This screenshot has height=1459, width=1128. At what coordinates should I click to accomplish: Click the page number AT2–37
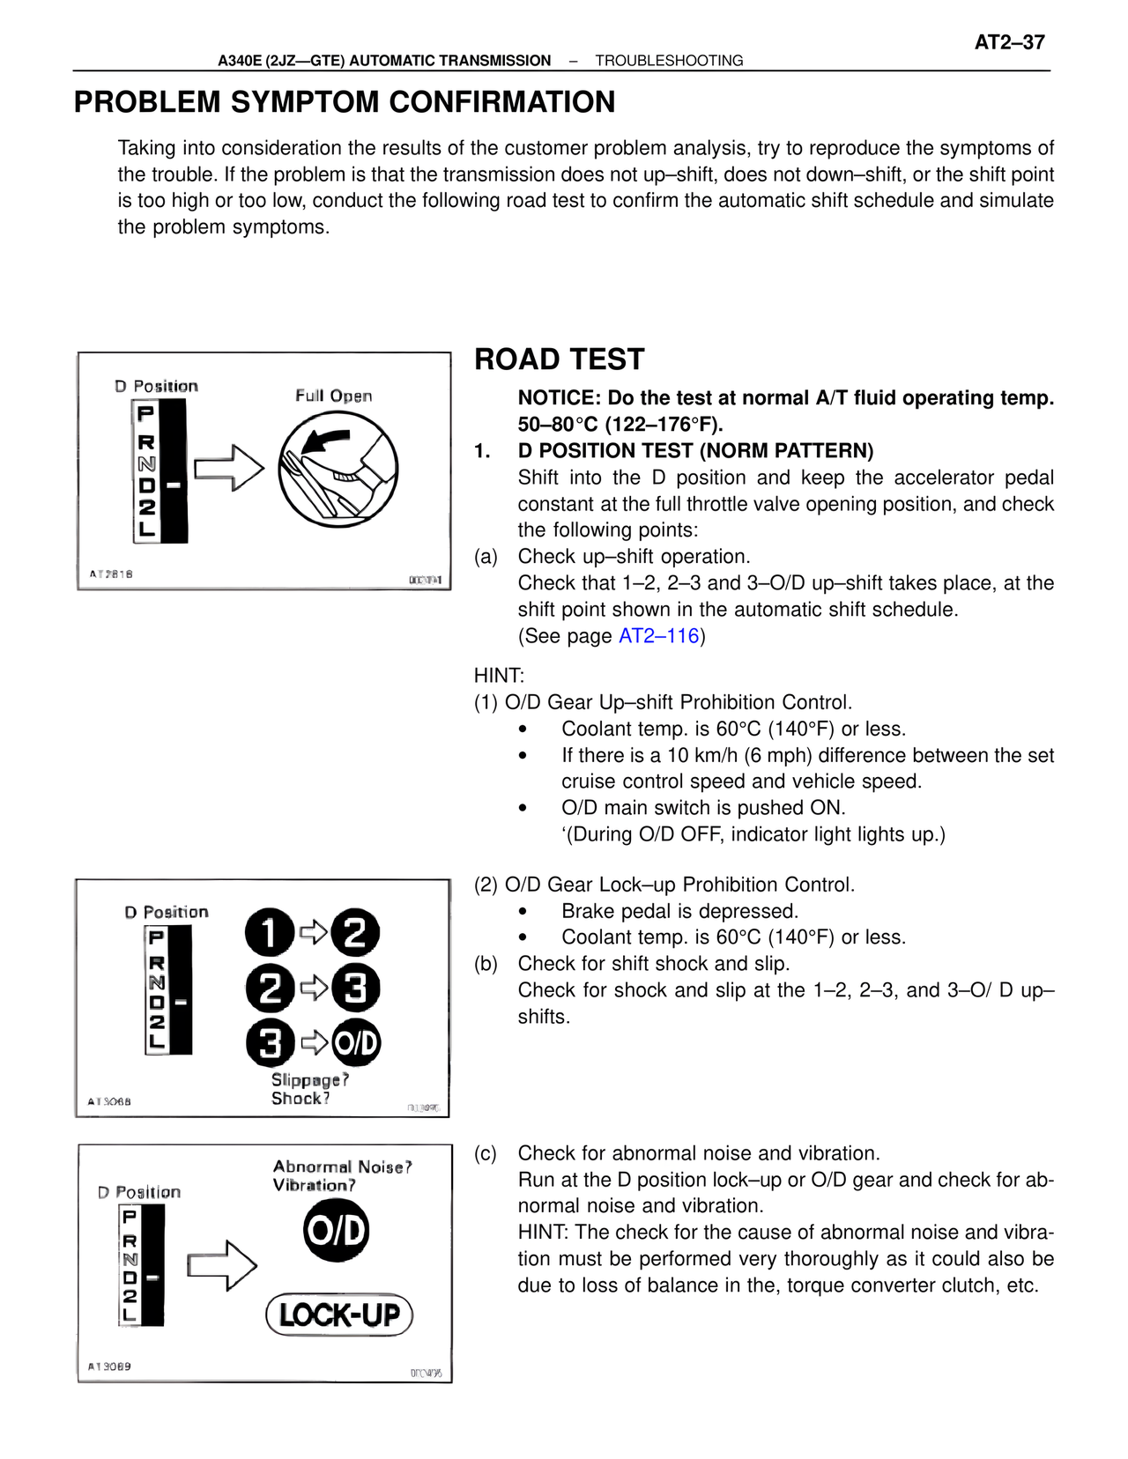[x=1009, y=42]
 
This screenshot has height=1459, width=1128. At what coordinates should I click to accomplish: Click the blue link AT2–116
[x=658, y=636]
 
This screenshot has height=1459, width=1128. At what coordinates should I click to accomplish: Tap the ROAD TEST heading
[x=560, y=359]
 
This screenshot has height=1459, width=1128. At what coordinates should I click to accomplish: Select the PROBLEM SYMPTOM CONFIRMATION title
[x=345, y=102]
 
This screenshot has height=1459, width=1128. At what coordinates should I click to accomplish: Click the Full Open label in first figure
[x=333, y=396]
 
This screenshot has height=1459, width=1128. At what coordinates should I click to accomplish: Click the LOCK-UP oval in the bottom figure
[x=339, y=1315]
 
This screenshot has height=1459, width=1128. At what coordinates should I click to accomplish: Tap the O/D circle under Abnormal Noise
[x=336, y=1231]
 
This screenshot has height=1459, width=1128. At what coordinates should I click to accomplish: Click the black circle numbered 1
[x=269, y=932]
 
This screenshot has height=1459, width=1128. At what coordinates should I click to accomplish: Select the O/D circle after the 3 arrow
[x=356, y=1044]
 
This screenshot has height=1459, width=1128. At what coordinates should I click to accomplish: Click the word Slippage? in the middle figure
[x=309, y=1080]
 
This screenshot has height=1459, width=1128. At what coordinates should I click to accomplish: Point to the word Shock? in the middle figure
[x=300, y=1099]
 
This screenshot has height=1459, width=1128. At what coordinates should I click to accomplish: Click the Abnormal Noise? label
[x=342, y=1166]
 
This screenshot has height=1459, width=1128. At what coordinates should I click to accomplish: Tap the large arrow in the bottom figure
[x=222, y=1266]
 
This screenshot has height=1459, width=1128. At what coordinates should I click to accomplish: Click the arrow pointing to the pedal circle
[x=229, y=468]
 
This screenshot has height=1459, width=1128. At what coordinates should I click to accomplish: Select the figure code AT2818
[x=111, y=574]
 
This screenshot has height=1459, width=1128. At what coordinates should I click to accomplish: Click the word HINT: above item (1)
[x=499, y=676]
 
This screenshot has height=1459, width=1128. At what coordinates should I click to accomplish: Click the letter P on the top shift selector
[x=146, y=413]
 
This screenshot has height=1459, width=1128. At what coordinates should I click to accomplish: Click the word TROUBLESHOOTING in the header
[x=669, y=61]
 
